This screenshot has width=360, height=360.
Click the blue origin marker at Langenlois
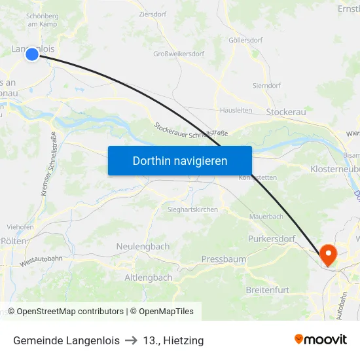click(x=32, y=55)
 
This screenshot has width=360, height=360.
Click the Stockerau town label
click(x=286, y=113)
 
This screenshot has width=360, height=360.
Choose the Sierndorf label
click(x=267, y=85)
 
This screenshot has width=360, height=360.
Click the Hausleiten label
click(x=236, y=110)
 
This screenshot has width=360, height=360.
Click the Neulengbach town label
click(x=143, y=246)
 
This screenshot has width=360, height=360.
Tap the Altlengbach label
click(x=148, y=278)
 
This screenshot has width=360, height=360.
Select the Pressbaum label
click(x=224, y=259)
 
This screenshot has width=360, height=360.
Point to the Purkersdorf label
click(x=272, y=239)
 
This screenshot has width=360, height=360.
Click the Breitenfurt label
click(x=267, y=289)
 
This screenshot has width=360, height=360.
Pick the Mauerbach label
click(x=266, y=216)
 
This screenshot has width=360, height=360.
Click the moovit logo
click(x=321, y=340)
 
